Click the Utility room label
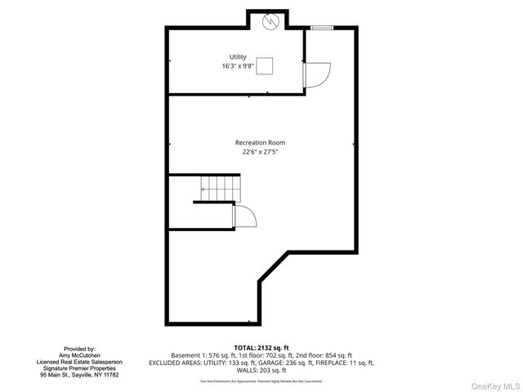238,56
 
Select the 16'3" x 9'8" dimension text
238,65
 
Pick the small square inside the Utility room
264,69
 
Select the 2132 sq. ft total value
275,348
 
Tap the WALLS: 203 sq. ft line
261,370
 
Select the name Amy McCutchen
78,355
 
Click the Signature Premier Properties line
78,368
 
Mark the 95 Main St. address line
78,375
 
